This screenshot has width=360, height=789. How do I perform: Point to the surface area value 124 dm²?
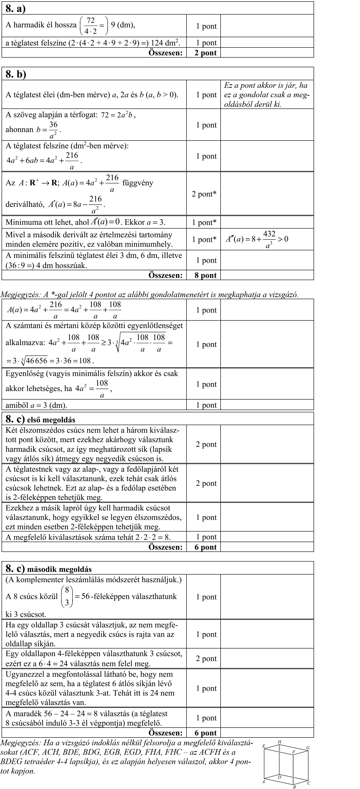point(167,43)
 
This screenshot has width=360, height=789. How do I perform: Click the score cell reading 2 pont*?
point(204,194)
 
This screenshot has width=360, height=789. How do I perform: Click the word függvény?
point(138,183)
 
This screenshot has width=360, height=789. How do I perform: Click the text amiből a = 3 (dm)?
point(36,405)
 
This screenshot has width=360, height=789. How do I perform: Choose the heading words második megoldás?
point(59,569)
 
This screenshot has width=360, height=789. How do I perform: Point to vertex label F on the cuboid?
point(293,752)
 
